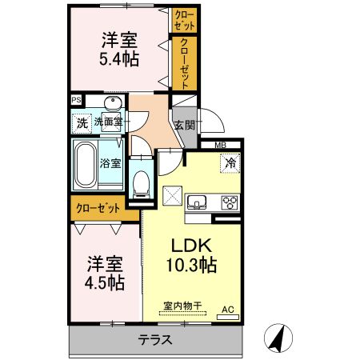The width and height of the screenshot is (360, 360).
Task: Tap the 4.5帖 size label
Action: pyautogui.click(x=106, y=282)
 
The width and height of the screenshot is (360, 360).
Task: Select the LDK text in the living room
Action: pyautogui.click(x=190, y=246)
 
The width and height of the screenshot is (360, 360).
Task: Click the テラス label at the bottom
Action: pyautogui.click(x=156, y=338)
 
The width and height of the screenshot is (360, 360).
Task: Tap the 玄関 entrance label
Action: pyautogui.click(x=183, y=125)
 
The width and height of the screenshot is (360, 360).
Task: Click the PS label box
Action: pyautogui.click(x=76, y=100)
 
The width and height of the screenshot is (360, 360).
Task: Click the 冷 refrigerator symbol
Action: pyautogui.click(x=230, y=162)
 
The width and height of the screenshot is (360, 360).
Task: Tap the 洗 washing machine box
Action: pyautogui.click(x=82, y=123)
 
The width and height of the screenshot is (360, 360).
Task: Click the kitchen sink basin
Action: pyautogui.click(x=196, y=201)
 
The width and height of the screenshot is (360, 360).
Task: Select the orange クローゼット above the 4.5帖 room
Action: pyautogui.click(x=98, y=207)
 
